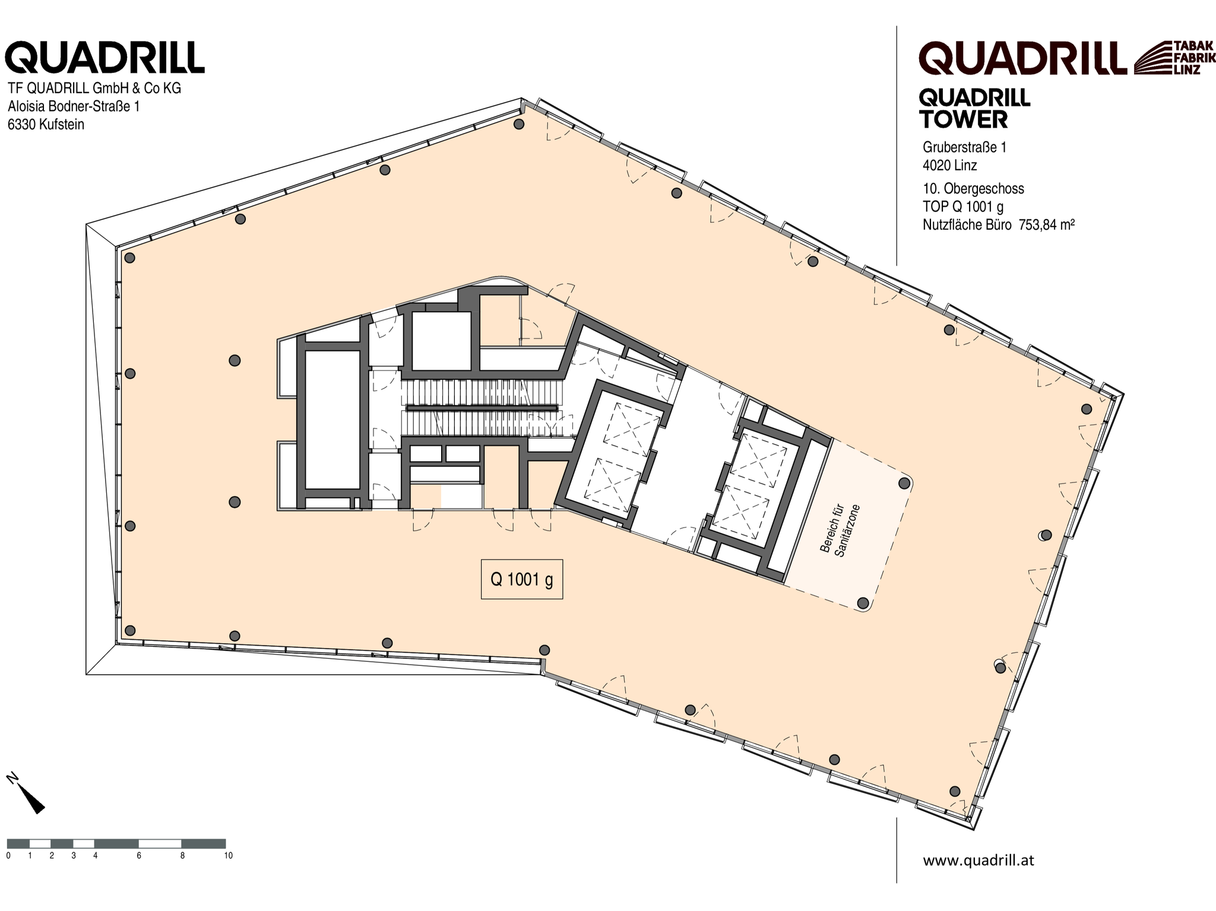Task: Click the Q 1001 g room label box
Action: click(x=521, y=579)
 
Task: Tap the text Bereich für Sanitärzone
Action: click(x=840, y=530)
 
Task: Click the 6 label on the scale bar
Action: click(x=139, y=855)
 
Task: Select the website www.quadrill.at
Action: click(x=978, y=860)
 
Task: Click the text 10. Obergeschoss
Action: click(x=973, y=189)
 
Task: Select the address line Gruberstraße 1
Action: click(x=964, y=147)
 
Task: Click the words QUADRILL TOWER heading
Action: click(x=974, y=109)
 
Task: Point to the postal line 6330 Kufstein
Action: click(x=46, y=125)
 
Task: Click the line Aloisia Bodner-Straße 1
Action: click(x=74, y=106)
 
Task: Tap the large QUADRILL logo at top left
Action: click(x=104, y=58)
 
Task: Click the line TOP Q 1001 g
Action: click(x=963, y=207)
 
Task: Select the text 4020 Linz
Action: click(x=950, y=165)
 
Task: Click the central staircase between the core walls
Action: click(x=482, y=407)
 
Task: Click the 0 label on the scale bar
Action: click(x=8, y=855)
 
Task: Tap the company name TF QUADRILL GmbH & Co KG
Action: click(x=94, y=88)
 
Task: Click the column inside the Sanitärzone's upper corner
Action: click(x=904, y=483)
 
